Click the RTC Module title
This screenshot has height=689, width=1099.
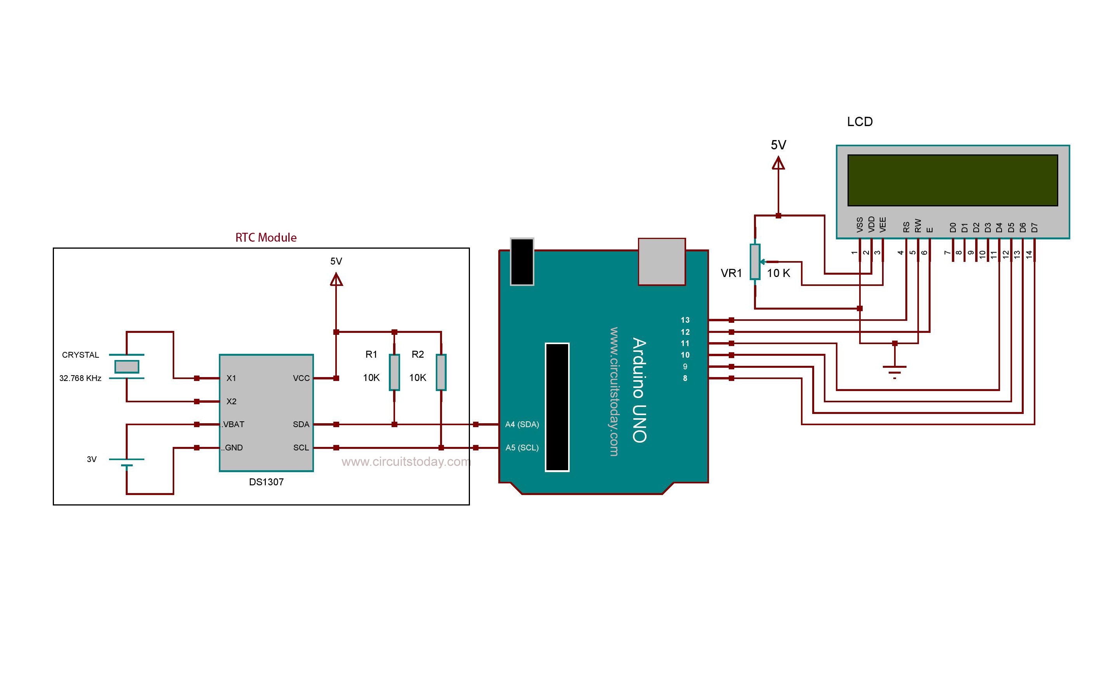pyautogui.click(x=266, y=237)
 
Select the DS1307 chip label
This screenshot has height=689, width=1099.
pyautogui.click(x=266, y=482)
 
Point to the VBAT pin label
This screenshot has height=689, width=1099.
pyautogui.click(x=233, y=424)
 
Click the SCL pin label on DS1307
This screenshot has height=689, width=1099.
pyautogui.click(x=301, y=447)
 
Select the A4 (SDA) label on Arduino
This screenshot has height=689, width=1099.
pyautogui.click(x=522, y=424)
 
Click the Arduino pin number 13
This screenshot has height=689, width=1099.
pyautogui.click(x=685, y=320)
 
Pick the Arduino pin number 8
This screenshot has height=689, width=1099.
pyautogui.click(x=685, y=378)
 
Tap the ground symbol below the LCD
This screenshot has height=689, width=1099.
pyautogui.click(x=894, y=370)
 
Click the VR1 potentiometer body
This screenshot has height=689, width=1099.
pyautogui.click(x=755, y=261)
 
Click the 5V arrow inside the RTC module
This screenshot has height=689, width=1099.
pyautogui.click(x=336, y=279)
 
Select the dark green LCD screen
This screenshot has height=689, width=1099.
pyautogui.click(x=952, y=180)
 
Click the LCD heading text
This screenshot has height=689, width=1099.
pyautogui.click(x=860, y=122)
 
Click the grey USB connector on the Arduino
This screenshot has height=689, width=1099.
pyautogui.click(x=661, y=261)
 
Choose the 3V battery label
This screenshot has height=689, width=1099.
pyautogui.click(x=92, y=459)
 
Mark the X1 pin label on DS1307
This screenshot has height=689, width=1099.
pyautogui.click(x=231, y=378)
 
